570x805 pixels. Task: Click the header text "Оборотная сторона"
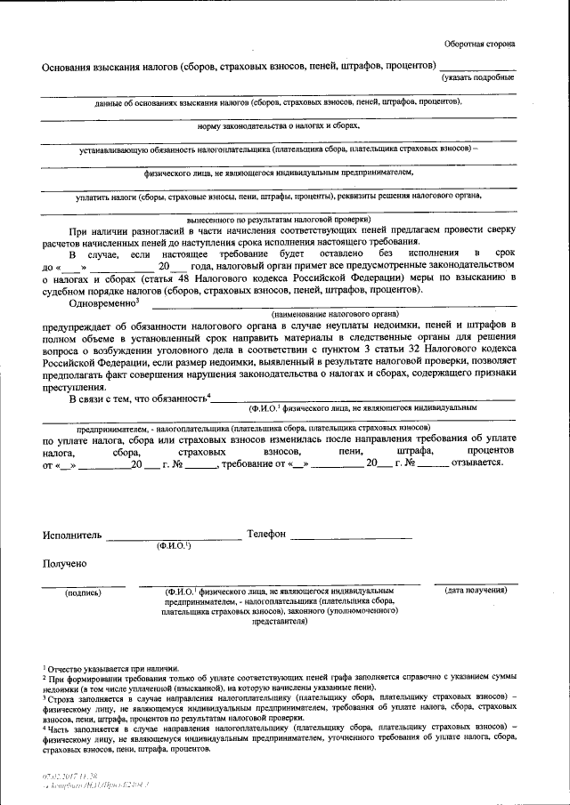[x=479, y=44]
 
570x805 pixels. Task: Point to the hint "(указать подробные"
[x=478, y=78]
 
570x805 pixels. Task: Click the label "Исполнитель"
[x=72, y=534]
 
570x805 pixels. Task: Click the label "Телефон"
[x=266, y=534]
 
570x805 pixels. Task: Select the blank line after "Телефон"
[x=351, y=538]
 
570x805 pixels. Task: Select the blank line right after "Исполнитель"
[x=174, y=538]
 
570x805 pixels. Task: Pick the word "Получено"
[x=64, y=563]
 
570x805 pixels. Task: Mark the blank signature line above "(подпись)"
[x=83, y=584]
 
